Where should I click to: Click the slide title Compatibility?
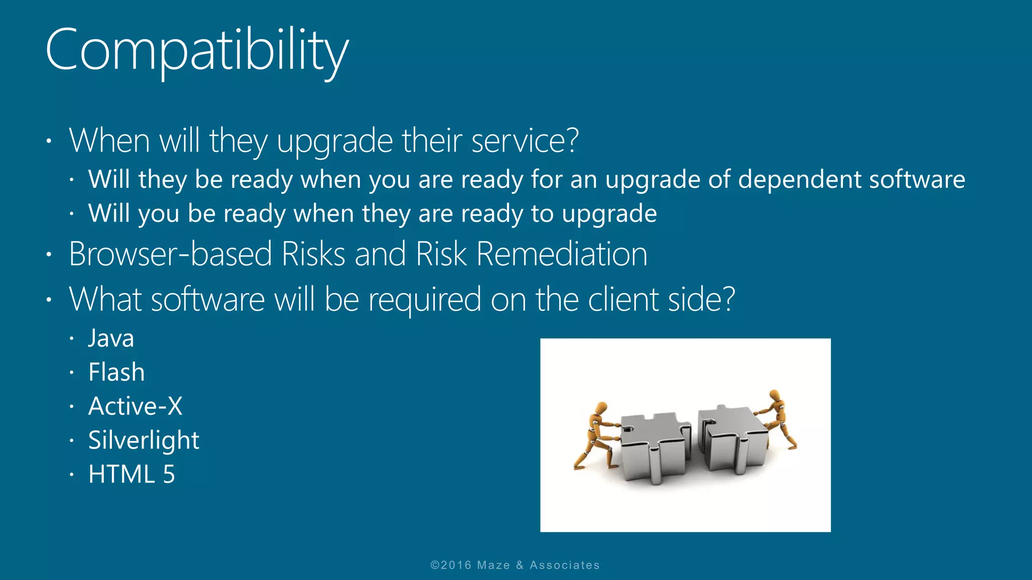coord(197,50)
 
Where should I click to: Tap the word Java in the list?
coord(111,338)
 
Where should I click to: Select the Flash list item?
coord(116,373)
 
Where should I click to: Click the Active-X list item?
coord(135,406)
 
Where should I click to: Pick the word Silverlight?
coord(144,441)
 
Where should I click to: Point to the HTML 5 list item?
coord(132,474)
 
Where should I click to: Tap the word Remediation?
coord(561,254)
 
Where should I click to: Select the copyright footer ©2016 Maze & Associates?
coord(515,565)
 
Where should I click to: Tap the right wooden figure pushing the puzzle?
coord(779,418)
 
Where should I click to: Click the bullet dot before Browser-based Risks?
coord(49,254)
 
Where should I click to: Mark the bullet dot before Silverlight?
coord(72,441)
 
